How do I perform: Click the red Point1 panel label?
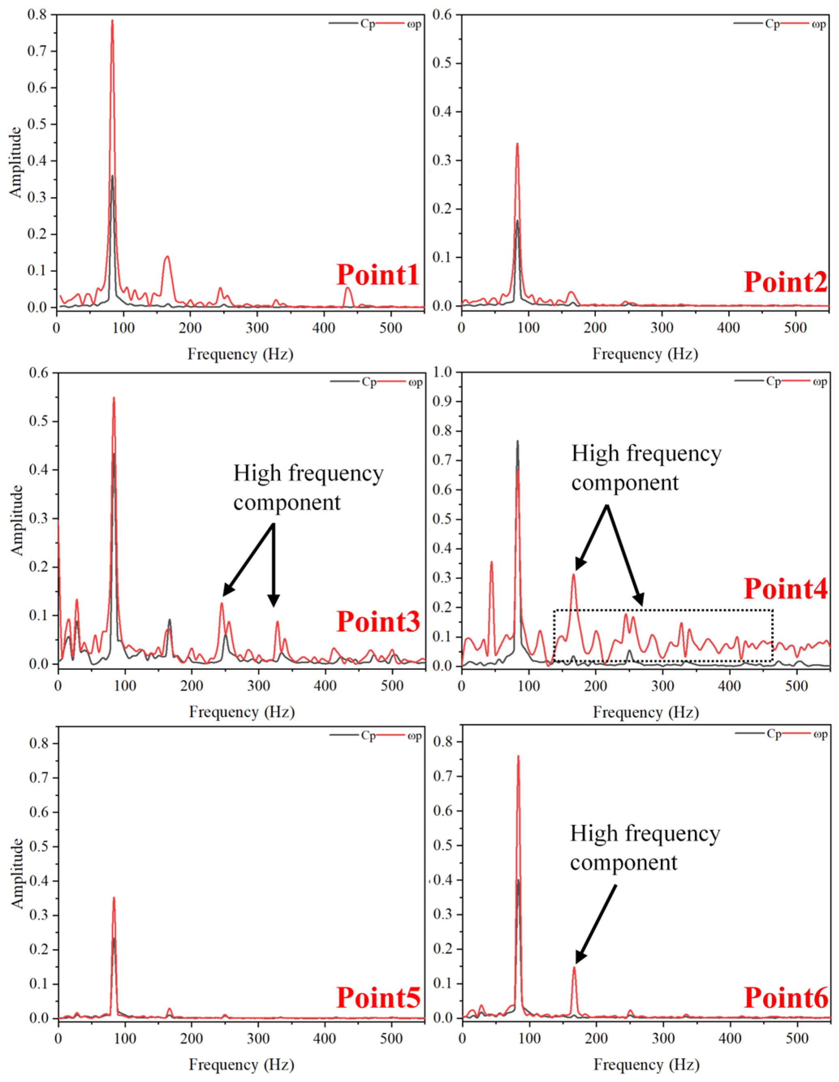pyautogui.click(x=378, y=275)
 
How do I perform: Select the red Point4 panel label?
pyautogui.click(x=785, y=589)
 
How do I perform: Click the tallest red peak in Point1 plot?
pyautogui.click(x=112, y=21)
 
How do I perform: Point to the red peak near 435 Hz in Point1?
pyautogui.click(x=348, y=288)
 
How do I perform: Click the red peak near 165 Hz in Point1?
pyautogui.click(x=167, y=257)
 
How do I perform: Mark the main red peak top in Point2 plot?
pyautogui.click(x=517, y=144)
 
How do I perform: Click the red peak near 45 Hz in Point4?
pyautogui.click(x=491, y=562)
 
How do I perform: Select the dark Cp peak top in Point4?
pyautogui.click(x=517, y=441)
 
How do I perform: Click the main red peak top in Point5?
pyautogui.click(x=114, y=898)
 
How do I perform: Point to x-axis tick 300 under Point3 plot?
pyautogui.click(x=258, y=686)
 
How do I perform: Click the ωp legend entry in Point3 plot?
pyautogui.click(x=415, y=382)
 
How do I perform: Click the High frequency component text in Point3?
pyautogui.click(x=308, y=488)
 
